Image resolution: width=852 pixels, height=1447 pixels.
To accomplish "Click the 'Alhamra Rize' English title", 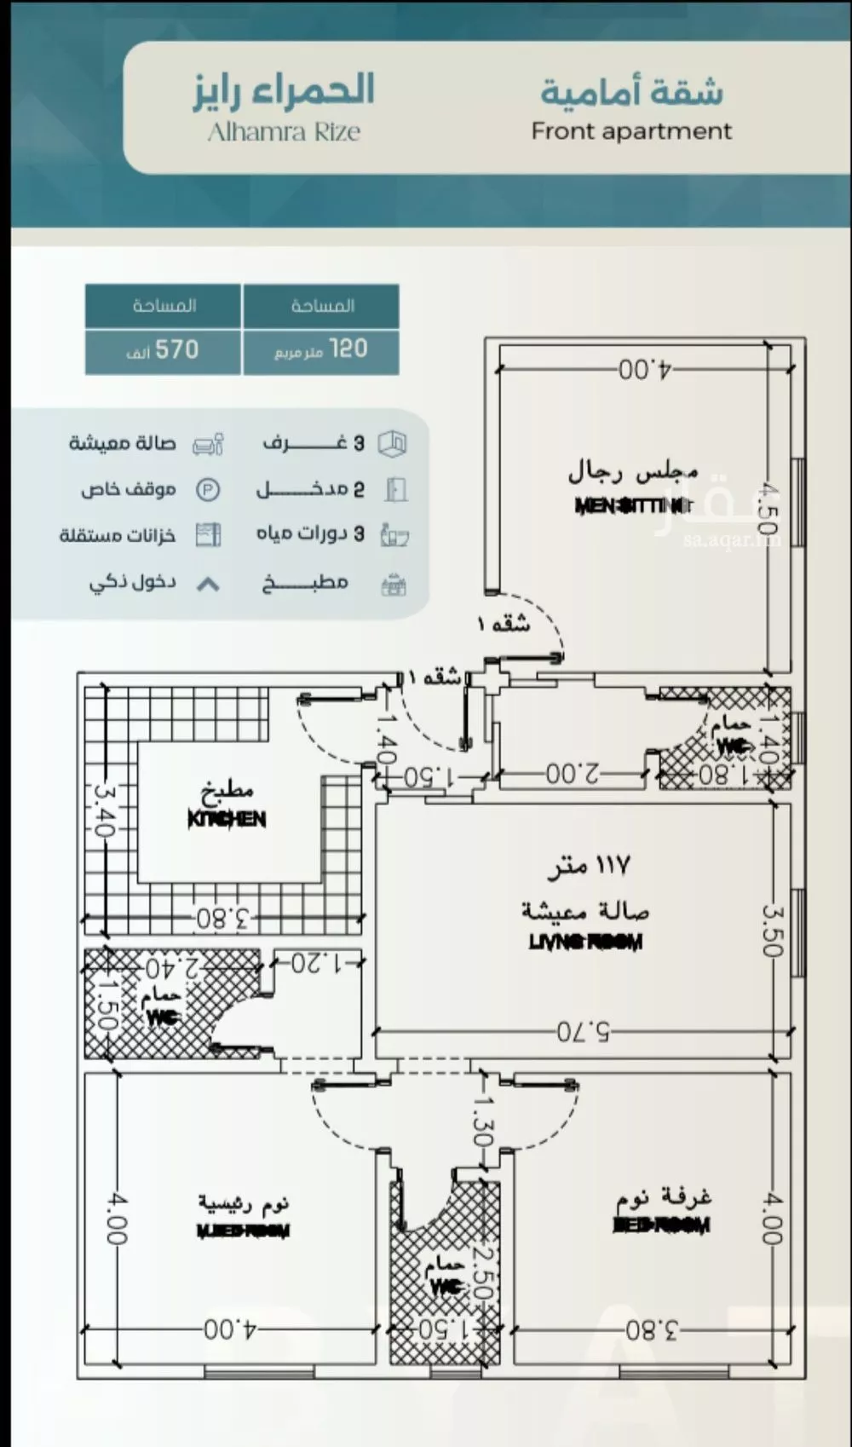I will [284, 132].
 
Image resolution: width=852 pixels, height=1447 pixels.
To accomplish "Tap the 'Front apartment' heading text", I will [631, 131].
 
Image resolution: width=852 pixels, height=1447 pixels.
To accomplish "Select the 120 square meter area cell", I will [321, 350].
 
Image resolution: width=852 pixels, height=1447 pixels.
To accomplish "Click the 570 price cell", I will [163, 350].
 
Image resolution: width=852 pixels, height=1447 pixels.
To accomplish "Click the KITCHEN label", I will [227, 819].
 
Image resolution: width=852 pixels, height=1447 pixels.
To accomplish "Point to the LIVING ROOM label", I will [585, 942].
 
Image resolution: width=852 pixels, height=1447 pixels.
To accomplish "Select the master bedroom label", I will [244, 1231].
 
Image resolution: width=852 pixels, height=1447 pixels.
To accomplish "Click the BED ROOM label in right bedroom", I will [662, 1225].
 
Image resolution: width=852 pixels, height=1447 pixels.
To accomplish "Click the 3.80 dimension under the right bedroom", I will [652, 1329].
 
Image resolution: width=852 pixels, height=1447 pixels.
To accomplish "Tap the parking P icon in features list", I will [208, 490].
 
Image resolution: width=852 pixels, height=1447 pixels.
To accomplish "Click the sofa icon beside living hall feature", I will [209, 445].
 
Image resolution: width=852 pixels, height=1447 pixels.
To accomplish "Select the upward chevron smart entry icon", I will [209, 585].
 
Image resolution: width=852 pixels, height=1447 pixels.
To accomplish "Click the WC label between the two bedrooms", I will [446, 1288].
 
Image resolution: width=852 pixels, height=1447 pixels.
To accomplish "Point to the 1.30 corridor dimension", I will [483, 1121].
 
